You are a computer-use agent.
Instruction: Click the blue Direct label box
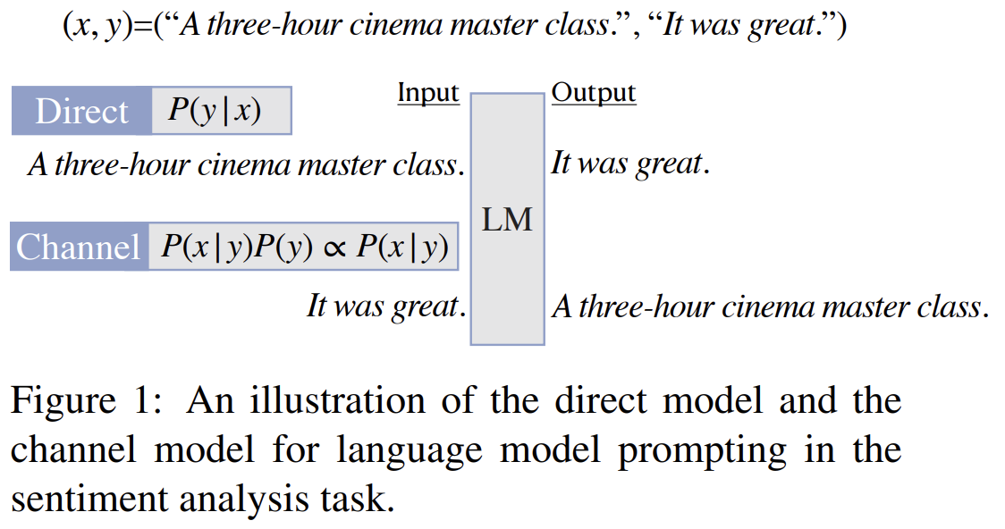[x=81, y=111]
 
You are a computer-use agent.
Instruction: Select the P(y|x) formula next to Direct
[x=215, y=110]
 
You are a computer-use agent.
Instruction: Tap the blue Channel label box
[x=79, y=247]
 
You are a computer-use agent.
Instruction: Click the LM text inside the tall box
[x=507, y=219]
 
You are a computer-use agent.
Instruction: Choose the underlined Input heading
[x=427, y=93]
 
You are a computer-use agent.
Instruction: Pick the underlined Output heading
[x=593, y=93]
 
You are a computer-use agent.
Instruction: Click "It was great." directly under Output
[x=629, y=164]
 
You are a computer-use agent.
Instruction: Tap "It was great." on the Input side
[x=385, y=306]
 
